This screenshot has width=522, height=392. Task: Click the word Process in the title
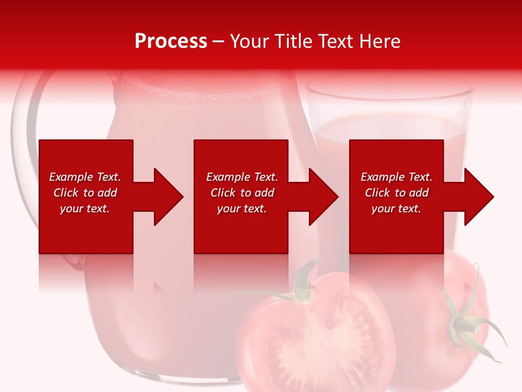tap(171, 41)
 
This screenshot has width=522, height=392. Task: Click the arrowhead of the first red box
tap(166, 197)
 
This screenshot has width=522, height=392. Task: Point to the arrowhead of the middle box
tap(321, 197)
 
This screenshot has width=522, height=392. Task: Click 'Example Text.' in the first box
tap(85, 177)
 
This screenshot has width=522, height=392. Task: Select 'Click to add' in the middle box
tap(242, 193)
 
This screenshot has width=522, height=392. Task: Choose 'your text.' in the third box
tap(396, 209)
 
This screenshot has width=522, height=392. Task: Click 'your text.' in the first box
tap(85, 209)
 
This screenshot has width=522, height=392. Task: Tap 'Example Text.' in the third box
tap(396, 177)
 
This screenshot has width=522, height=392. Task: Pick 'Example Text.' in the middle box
tap(242, 177)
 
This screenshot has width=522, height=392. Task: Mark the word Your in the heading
tap(248, 41)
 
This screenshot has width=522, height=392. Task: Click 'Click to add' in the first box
tap(85, 193)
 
